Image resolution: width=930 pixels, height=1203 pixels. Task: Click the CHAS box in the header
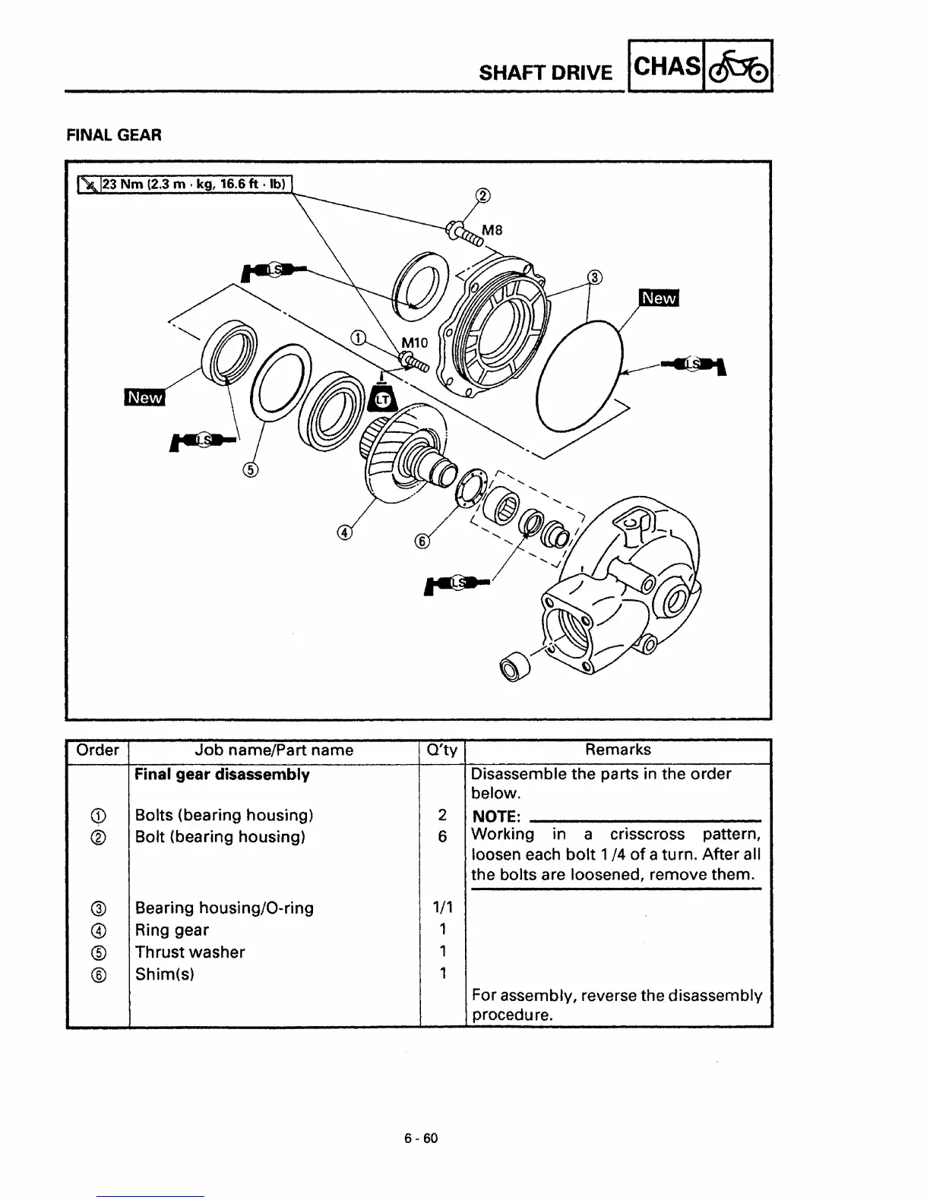click(x=666, y=67)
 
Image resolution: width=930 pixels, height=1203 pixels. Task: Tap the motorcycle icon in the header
click(x=739, y=68)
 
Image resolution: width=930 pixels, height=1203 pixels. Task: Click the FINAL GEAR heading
click(x=114, y=135)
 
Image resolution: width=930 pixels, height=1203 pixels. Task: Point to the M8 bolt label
click(x=492, y=230)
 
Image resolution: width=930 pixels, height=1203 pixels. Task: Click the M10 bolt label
click(x=414, y=343)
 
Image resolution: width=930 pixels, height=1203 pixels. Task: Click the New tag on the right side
click(x=659, y=298)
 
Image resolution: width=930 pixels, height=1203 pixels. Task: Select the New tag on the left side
click(x=144, y=397)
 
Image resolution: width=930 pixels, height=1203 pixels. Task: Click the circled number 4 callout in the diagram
click(x=344, y=533)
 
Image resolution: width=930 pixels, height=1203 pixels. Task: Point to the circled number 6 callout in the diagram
click(x=422, y=541)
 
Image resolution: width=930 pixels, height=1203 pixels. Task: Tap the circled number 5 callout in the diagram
click(x=251, y=469)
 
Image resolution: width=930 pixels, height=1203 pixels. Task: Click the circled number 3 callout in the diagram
click(x=595, y=276)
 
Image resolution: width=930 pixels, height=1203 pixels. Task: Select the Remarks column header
click(x=618, y=750)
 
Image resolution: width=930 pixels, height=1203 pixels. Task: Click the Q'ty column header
click(x=442, y=750)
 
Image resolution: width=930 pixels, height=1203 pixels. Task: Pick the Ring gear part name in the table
click(x=172, y=930)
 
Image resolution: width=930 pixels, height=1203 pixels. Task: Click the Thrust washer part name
click(x=190, y=952)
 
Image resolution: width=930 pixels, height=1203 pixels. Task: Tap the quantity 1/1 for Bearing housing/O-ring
click(x=441, y=908)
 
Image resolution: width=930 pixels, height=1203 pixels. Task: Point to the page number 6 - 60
click(x=421, y=1138)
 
